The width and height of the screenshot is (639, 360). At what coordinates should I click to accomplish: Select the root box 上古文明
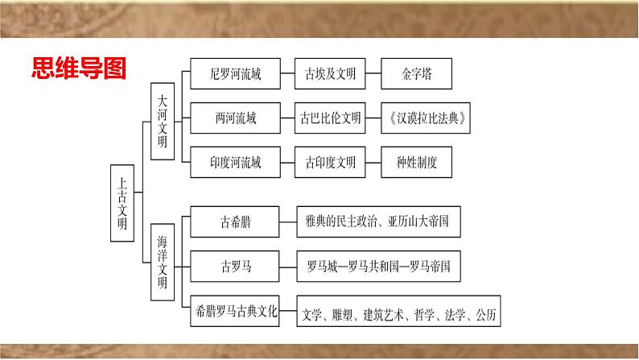tap(122, 204)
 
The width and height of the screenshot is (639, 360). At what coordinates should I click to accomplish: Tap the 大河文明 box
tap(163, 122)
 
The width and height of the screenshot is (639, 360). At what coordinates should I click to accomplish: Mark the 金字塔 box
tap(417, 74)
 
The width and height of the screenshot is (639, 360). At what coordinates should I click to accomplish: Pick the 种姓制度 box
tap(417, 162)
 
